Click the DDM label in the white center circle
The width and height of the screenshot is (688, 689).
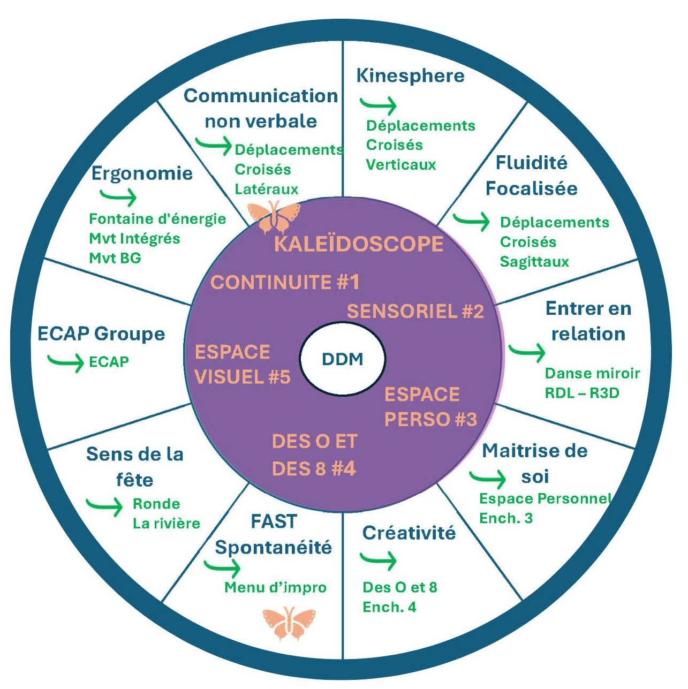click(x=343, y=359)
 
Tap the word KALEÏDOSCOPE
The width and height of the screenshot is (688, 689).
click(x=358, y=244)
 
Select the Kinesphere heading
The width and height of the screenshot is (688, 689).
click(x=410, y=75)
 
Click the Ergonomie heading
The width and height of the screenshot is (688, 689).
click(x=142, y=174)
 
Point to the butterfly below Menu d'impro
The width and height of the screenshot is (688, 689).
click(x=289, y=623)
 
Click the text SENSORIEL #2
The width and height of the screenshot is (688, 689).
click(x=415, y=311)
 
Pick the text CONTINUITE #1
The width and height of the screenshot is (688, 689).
click(x=284, y=282)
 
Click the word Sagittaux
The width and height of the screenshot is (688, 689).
click(x=534, y=262)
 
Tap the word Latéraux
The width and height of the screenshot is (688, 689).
click(x=267, y=189)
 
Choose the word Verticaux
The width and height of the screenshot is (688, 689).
click(x=401, y=164)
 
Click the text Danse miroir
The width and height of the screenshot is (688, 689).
click(x=592, y=373)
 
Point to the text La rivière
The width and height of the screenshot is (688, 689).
click(x=167, y=523)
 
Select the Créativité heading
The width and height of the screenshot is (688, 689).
click(x=409, y=533)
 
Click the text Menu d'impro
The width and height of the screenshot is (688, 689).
click(x=275, y=587)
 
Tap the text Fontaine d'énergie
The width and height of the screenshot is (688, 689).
click(x=157, y=219)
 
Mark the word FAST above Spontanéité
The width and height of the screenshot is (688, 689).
click(x=274, y=521)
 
